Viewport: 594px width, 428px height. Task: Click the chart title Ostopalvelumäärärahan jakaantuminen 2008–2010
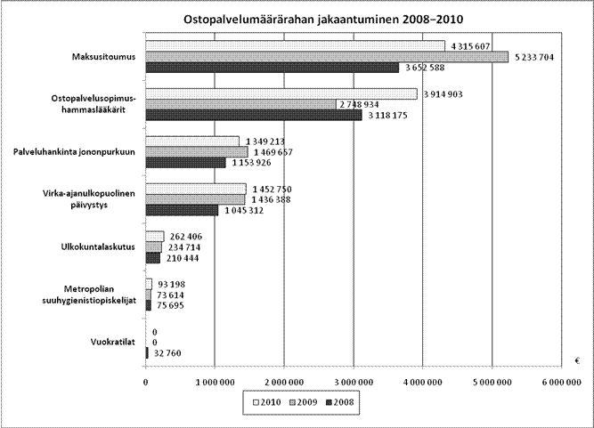pos(323,20)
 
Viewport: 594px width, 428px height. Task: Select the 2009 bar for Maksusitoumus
pos(327,57)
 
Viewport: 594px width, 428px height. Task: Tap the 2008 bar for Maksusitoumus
pos(273,68)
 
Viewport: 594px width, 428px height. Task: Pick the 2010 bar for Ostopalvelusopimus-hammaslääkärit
pos(281,93)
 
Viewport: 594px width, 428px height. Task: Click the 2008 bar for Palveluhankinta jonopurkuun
pos(185,163)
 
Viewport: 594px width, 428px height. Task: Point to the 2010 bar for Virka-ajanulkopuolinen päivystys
pos(196,189)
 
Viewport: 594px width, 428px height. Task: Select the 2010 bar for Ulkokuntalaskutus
pos(155,236)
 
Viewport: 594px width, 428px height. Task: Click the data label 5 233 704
pos(534,57)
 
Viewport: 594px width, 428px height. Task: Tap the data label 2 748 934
pos(359,104)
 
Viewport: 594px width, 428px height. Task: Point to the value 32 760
pos(167,353)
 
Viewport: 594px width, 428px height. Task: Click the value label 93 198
pos(172,284)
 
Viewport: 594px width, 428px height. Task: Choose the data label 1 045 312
pos(244,210)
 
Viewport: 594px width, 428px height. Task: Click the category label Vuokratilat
pos(113,342)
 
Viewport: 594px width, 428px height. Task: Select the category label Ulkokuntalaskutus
pos(98,246)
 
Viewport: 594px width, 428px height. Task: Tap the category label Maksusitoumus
pos(104,57)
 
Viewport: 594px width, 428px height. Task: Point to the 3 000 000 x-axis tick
pos(354,383)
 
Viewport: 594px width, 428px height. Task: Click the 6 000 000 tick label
pos(561,383)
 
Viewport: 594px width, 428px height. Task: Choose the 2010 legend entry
pos(266,402)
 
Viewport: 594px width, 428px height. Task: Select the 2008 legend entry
pos(339,402)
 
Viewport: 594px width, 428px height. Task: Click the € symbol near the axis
pos(577,361)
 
